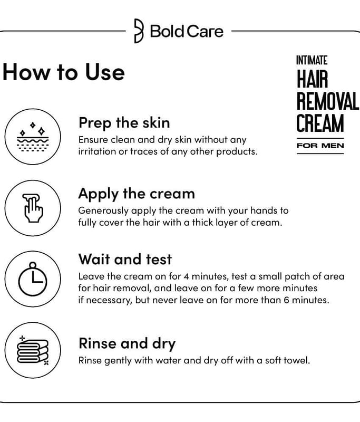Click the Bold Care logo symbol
139,31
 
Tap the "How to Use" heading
64,72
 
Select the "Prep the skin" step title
124,123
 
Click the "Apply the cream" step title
137,194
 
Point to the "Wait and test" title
125,259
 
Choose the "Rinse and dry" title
127,344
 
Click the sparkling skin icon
33,137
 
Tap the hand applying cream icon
33,208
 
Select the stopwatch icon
33,279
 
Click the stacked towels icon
33,350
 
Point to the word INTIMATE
312,60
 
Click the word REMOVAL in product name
328,101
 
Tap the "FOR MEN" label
320,146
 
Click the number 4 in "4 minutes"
186,276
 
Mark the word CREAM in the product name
320,123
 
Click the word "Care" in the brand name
205,31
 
